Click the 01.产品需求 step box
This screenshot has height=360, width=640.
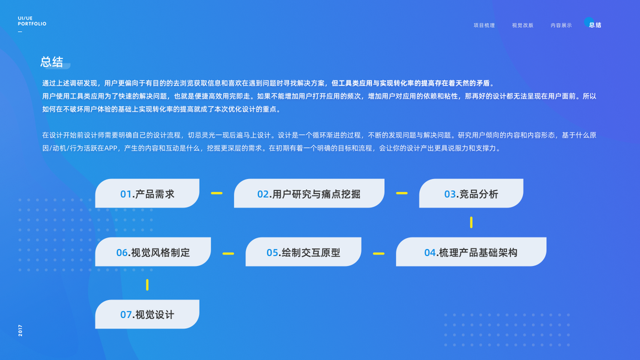147,194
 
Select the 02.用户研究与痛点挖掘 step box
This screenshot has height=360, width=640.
309,194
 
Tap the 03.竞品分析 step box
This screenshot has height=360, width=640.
471,194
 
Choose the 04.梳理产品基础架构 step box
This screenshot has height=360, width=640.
471,253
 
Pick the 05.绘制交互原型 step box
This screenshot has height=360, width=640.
304,253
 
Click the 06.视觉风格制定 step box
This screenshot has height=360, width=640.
153,253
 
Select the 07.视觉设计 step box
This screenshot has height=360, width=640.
147,314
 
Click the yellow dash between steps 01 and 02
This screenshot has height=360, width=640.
217,193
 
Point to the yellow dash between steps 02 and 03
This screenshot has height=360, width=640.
402,193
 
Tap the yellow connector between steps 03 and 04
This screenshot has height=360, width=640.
471,222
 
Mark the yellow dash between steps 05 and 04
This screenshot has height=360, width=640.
378,253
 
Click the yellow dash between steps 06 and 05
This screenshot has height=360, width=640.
228,253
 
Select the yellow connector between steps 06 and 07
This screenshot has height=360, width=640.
147,284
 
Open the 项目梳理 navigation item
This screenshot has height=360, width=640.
484,25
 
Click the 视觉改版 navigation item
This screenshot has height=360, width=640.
522,25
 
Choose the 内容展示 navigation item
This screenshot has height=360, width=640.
561,25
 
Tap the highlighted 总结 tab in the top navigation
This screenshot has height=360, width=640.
594,25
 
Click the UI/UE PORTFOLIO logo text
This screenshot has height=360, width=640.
32,22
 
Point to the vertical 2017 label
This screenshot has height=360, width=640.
20,331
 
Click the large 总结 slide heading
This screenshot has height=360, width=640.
52,62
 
